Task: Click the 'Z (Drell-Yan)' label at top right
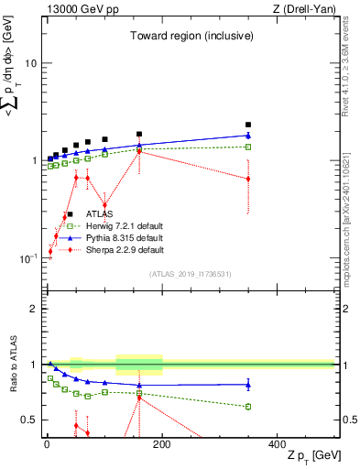click(x=303, y=9)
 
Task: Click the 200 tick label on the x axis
click(x=162, y=443)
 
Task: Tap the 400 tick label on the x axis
click(x=278, y=443)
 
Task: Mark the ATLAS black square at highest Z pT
click(x=248, y=125)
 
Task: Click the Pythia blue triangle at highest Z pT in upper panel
click(x=248, y=136)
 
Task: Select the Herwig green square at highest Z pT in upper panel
click(x=248, y=147)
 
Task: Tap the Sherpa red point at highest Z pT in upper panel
click(x=248, y=179)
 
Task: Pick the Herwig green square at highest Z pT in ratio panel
click(x=248, y=407)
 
